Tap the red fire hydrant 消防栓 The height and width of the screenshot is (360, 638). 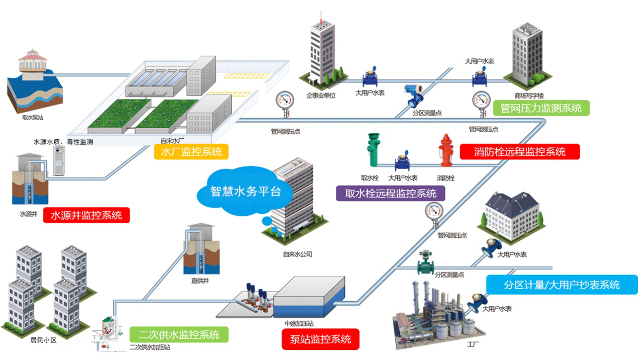pyautogui.click(x=445, y=150)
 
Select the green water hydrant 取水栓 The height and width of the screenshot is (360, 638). pyautogui.click(x=373, y=150)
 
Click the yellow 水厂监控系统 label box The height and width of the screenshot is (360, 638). pyautogui.click(x=191, y=151)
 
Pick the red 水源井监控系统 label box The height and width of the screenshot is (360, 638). pyautogui.click(x=86, y=216)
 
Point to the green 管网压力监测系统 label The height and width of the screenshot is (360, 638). pyautogui.click(x=541, y=108)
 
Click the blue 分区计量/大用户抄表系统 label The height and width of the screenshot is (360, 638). pyautogui.click(x=562, y=285)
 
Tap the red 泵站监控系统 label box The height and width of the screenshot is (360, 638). pyautogui.click(x=321, y=339)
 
